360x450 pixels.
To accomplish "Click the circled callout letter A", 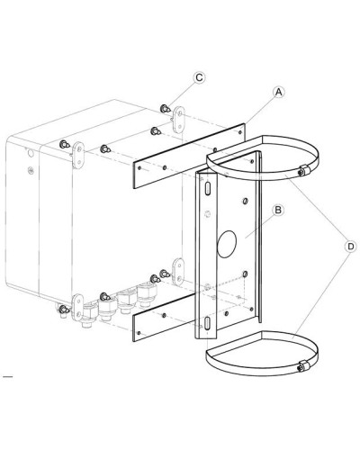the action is pyautogui.click(x=279, y=92).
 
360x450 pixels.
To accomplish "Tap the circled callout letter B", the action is pyautogui.click(x=278, y=210).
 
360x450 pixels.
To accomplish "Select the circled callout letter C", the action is pyautogui.click(x=199, y=77).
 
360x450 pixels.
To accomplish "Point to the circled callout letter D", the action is pyautogui.click(x=350, y=247).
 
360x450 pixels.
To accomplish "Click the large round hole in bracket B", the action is pyautogui.click(x=227, y=244).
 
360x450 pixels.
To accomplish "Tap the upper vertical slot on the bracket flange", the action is pyautogui.click(x=208, y=189).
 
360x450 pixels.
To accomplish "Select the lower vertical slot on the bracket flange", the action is pyautogui.click(x=207, y=324).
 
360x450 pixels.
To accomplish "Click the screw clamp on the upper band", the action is pyautogui.click(x=303, y=170).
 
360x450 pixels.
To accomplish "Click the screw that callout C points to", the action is pyautogui.click(x=165, y=109).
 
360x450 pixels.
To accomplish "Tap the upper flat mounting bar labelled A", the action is pyautogui.click(x=190, y=156).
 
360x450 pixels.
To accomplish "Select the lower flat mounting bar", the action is pyautogui.click(x=164, y=319).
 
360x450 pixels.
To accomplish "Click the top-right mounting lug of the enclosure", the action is pyautogui.click(x=179, y=120).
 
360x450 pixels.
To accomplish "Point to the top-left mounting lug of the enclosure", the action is pyautogui.click(x=77, y=156).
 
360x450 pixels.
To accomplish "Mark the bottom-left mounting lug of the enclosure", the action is pyautogui.click(x=77, y=307).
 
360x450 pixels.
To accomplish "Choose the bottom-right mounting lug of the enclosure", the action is pyautogui.click(x=178, y=272).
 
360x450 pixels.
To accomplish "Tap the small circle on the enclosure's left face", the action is pyautogui.click(x=31, y=153).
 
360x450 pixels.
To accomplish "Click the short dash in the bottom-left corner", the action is pyautogui.click(x=7, y=376).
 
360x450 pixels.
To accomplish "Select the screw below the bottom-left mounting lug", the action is pyautogui.click(x=64, y=311).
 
